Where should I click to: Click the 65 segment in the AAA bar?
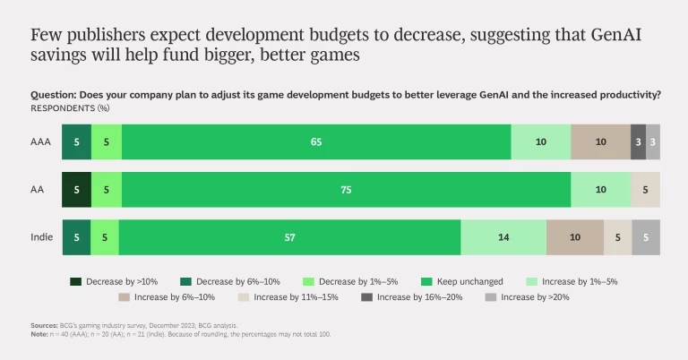[x=316, y=141]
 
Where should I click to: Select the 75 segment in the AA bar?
[x=346, y=189]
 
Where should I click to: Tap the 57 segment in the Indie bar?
[x=289, y=236]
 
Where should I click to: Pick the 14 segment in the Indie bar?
[x=503, y=236]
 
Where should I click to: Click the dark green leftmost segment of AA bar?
[x=76, y=189]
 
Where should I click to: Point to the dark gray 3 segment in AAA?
[x=638, y=141]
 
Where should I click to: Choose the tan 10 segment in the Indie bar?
[x=574, y=236]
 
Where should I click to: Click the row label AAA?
[x=41, y=141]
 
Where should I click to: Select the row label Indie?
[x=40, y=236]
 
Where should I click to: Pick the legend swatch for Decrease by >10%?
[x=77, y=281]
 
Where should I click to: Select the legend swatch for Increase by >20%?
[x=489, y=296]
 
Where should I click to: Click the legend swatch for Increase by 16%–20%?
[x=366, y=296]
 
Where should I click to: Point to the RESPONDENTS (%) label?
[x=70, y=107]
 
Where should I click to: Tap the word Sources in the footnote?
[x=44, y=326]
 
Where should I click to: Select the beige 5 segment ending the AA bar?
[x=645, y=189]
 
